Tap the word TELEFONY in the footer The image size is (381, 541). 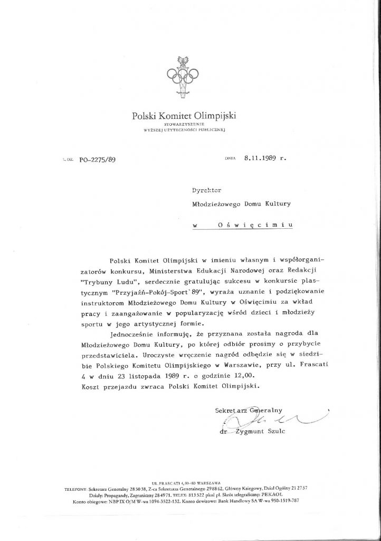coord(78,489)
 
